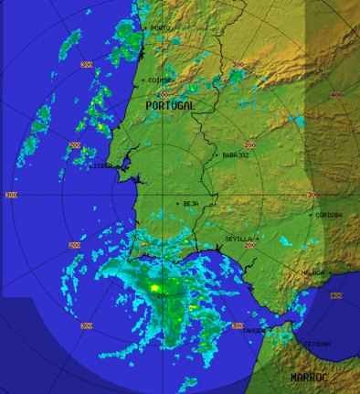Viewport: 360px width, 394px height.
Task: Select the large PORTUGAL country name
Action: click(171, 106)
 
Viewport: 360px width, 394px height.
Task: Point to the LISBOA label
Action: click(101, 165)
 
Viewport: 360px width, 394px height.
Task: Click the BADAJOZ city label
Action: click(237, 155)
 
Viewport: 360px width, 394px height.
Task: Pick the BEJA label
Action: click(191, 203)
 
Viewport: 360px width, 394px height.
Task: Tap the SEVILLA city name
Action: click(238, 239)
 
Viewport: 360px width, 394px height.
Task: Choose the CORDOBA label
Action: click(330, 215)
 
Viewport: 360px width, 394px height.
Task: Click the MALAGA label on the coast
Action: click(314, 272)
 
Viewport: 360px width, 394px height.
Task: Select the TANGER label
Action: click(255, 330)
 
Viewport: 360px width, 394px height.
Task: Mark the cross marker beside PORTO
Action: click(144, 28)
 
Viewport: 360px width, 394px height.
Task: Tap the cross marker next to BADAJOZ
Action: click(217, 155)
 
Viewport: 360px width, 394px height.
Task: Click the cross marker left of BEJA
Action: click(178, 203)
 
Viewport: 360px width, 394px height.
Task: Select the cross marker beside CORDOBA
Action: click(312, 215)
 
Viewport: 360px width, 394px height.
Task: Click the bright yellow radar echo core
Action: click(155, 288)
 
